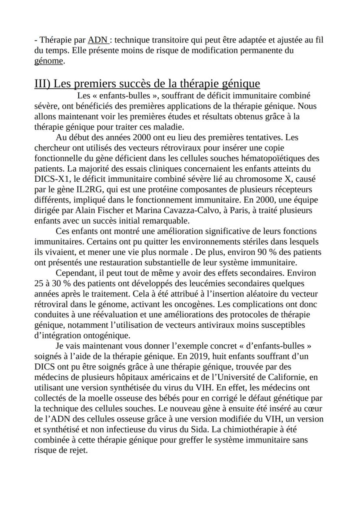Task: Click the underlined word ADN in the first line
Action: point(98,40)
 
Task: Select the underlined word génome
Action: point(48,61)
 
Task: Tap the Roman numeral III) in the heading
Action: point(43,83)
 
